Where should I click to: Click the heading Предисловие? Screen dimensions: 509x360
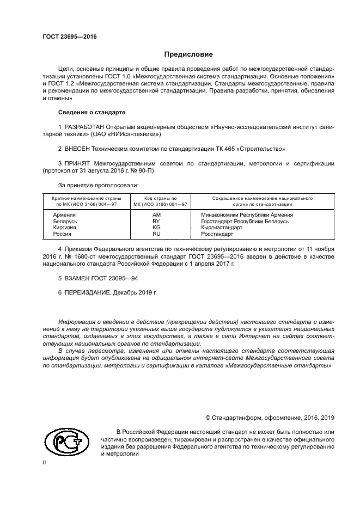tap(188, 55)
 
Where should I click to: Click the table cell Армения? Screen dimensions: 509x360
tap(64, 216)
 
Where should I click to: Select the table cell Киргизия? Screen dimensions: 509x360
tap(65, 228)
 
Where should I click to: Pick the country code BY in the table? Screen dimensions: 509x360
tap(156, 222)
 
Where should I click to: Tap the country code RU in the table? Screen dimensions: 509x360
tap(156, 234)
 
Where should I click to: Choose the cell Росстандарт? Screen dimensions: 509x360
tap(217, 234)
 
